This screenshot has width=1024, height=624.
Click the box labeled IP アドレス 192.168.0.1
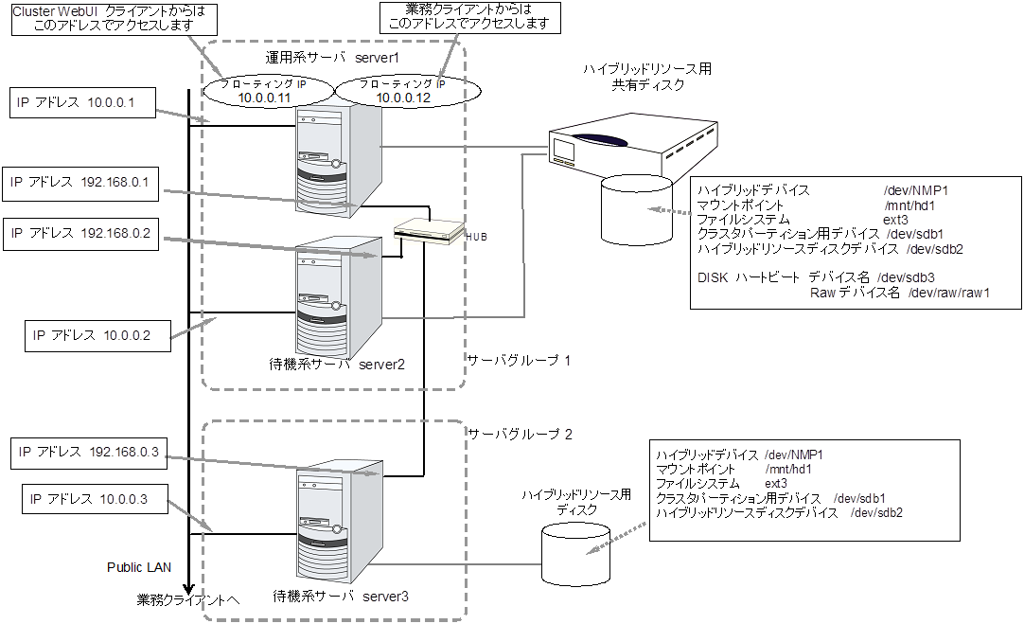tap(82, 182)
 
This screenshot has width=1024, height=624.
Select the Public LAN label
tap(138, 567)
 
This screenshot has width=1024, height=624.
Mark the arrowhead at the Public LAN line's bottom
tap(189, 587)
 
